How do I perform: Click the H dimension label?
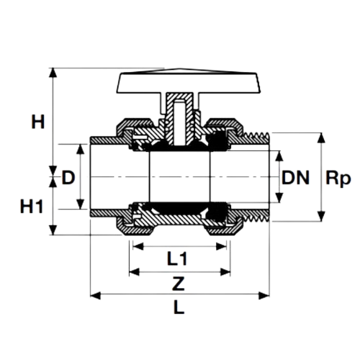[x=37, y=122]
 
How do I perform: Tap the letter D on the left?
[x=68, y=177]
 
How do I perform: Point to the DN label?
[x=295, y=177]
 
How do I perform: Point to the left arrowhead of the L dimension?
[x=93, y=294]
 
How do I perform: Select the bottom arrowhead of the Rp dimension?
[x=320, y=217]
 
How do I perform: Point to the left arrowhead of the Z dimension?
[x=133, y=272]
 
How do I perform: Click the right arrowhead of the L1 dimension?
[x=225, y=247]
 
